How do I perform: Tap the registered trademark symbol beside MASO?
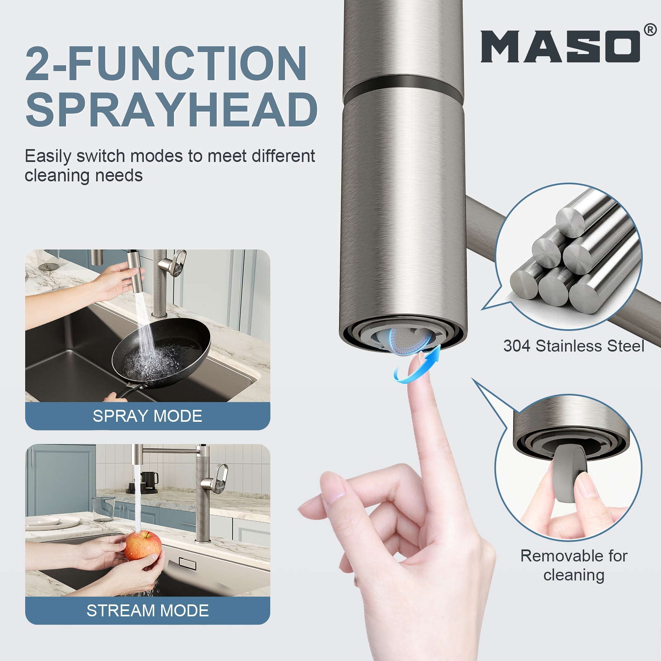(650, 30)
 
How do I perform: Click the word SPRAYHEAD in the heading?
(171, 109)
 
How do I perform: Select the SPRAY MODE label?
(147, 416)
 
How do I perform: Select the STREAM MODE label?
(147, 611)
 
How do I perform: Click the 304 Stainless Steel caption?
(574, 346)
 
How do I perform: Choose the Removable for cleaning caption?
(574, 565)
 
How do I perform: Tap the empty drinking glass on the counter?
(103, 509)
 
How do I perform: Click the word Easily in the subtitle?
(48, 157)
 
